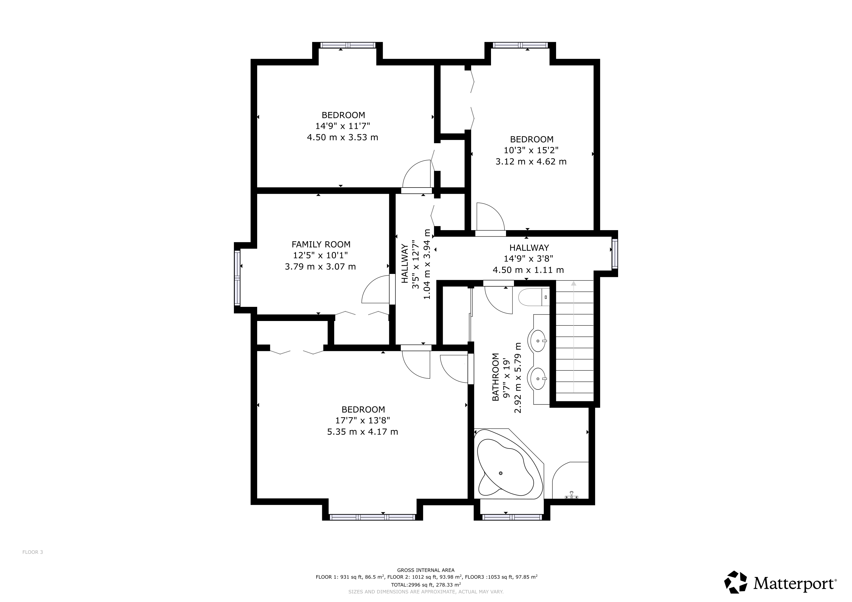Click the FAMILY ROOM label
tap(321, 245)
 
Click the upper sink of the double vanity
tap(538, 341)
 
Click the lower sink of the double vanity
tap(538, 379)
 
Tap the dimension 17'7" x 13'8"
tap(362, 420)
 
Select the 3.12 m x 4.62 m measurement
tap(531, 162)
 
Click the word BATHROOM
tap(495, 377)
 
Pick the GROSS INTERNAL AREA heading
tap(426, 570)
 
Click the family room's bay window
tap(237, 278)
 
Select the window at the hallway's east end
tap(615, 254)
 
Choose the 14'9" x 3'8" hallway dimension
tap(528, 259)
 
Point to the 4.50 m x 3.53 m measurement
tap(342, 138)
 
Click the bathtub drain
tap(501, 473)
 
